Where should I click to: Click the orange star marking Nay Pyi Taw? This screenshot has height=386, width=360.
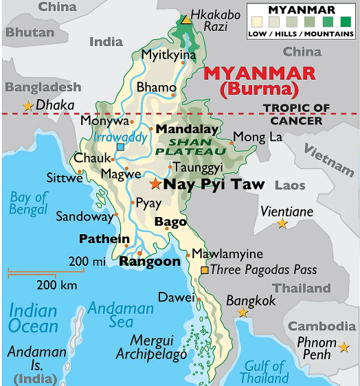[155, 184]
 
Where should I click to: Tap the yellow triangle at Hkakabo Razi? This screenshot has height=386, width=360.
[186, 19]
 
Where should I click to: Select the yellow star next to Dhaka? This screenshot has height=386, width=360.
[27, 106]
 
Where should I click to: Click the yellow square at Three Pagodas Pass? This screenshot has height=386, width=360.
[204, 271]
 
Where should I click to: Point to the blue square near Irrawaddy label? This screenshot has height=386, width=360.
[120, 147]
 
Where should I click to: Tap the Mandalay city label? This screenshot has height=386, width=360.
[187, 128]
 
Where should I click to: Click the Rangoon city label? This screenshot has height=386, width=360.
[150, 261]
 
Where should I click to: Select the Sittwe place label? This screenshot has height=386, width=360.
[65, 178]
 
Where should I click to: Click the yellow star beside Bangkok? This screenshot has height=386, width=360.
[242, 313]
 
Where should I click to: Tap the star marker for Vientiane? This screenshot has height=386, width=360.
[282, 223]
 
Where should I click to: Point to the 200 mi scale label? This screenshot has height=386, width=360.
[87, 261]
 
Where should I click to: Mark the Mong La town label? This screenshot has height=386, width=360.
[258, 137]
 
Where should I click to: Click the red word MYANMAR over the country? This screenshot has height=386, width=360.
[260, 73]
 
